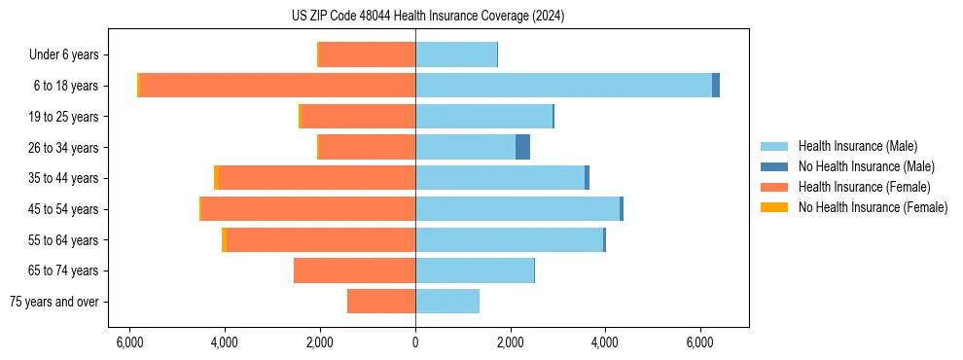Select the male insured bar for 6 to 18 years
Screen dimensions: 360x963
click(x=563, y=86)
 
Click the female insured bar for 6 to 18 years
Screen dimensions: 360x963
click(x=277, y=86)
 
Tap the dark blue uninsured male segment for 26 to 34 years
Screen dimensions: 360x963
click(x=522, y=148)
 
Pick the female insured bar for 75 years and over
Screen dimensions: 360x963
click(x=381, y=302)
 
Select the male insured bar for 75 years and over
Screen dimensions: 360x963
click(x=447, y=302)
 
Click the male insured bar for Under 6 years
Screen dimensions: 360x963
click(x=456, y=55)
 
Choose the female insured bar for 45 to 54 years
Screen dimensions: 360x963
click(x=308, y=209)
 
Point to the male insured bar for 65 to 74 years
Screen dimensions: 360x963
click(x=475, y=270)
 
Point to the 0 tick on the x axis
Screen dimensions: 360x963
click(x=415, y=342)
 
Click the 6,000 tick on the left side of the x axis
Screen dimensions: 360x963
click(x=130, y=342)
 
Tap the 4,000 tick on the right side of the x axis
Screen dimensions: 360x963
click(x=605, y=342)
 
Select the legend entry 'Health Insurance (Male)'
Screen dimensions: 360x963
click(x=857, y=146)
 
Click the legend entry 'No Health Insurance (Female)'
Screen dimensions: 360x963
click(x=873, y=207)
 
